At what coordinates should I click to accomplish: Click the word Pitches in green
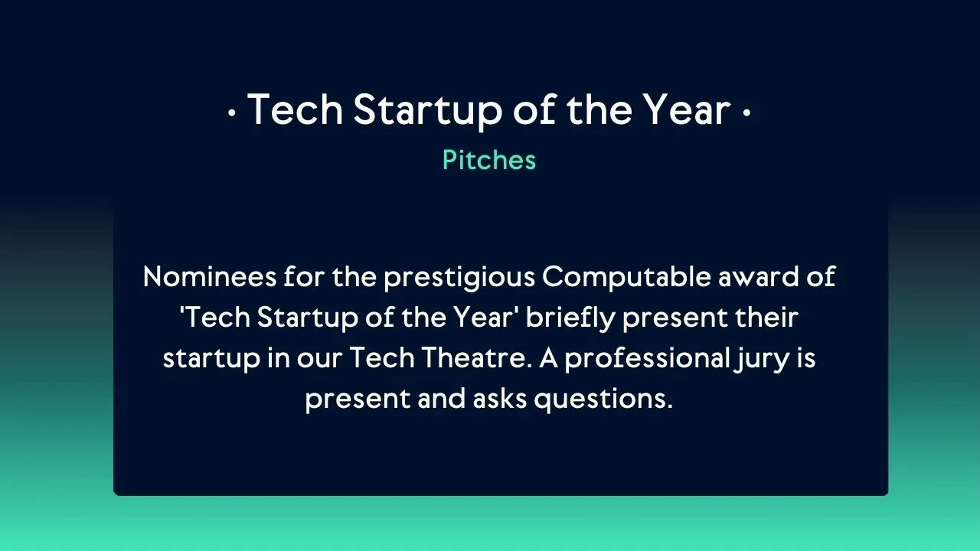click(x=489, y=160)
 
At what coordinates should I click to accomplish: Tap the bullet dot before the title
click(x=231, y=113)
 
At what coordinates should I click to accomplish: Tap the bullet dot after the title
click(x=746, y=113)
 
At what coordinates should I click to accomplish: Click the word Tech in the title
click(x=295, y=109)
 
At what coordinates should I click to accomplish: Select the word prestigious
click(x=459, y=277)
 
